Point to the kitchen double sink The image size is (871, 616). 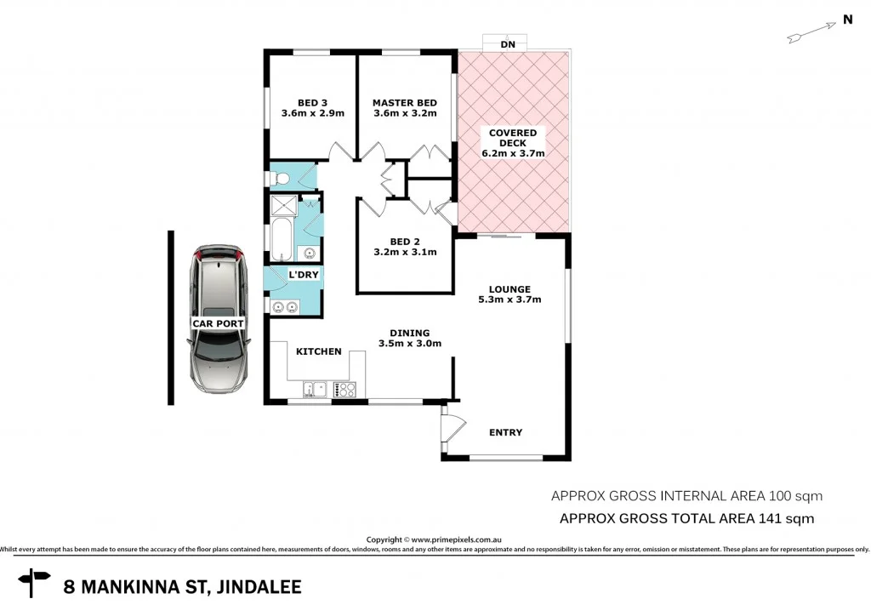click(x=314, y=390)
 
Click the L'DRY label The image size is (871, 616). click(x=304, y=275)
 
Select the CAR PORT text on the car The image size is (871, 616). click(x=219, y=323)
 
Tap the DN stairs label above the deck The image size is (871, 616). click(x=508, y=43)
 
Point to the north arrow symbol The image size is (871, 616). click(x=811, y=32)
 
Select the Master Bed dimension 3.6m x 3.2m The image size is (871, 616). click(x=404, y=114)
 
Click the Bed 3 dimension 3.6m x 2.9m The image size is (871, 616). click(x=313, y=114)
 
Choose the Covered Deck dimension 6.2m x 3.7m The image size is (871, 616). click(x=513, y=153)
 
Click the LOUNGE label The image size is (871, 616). click(x=510, y=289)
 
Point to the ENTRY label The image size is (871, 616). click(x=505, y=432)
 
